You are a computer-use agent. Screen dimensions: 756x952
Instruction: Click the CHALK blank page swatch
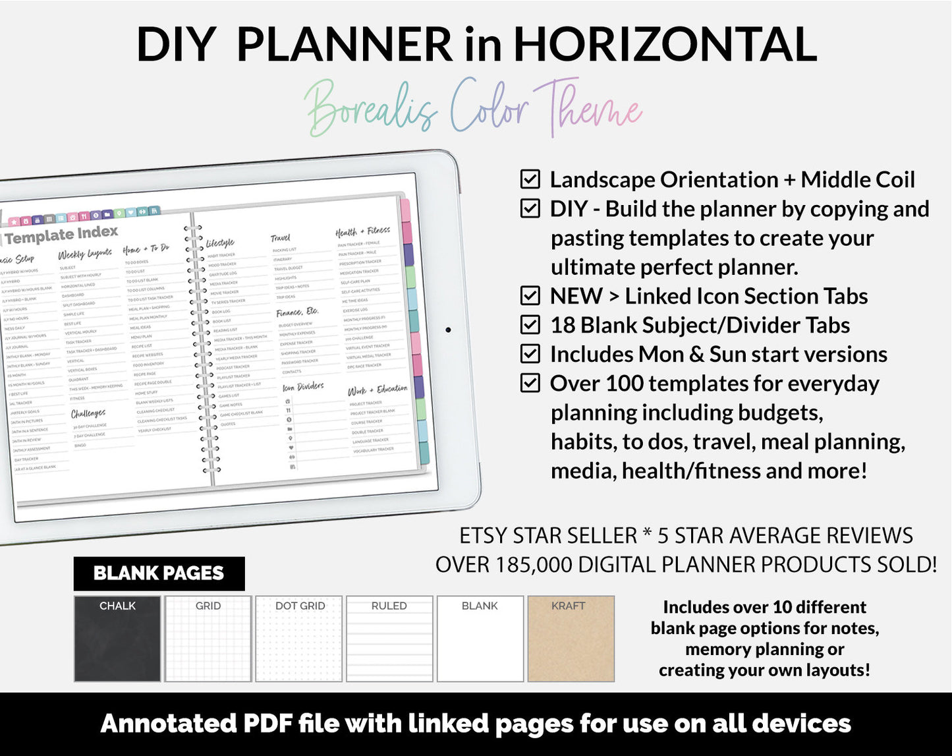pyautogui.click(x=117, y=639)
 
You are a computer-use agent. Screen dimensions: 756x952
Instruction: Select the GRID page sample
pyautogui.click(x=208, y=639)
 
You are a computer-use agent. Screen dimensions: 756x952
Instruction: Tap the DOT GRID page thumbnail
pyautogui.click(x=299, y=639)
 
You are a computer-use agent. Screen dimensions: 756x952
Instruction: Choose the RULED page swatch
pyautogui.click(x=389, y=639)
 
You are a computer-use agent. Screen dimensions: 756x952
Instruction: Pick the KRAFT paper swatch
pyautogui.click(x=571, y=639)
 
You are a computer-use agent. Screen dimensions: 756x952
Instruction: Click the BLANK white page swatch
pyautogui.click(x=480, y=639)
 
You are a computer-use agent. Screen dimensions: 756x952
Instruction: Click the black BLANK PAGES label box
pyautogui.click(x=159, y=573)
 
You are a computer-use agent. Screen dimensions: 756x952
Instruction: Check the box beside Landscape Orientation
pyautogui.click(x=530, y=179)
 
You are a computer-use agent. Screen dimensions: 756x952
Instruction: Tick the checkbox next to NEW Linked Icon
pyautogui.click(x=530, y=296)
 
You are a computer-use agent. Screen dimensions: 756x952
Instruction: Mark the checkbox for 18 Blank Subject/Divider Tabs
pyautogui.click(x=530, y=325)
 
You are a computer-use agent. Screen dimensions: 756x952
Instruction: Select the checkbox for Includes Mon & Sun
pyautogui.click(x=530, y=354)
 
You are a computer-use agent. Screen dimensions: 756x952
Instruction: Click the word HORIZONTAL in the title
pyautogui.click(x=665, y=45)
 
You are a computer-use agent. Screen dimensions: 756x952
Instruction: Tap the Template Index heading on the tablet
pyautogui.click(x=61, y=235)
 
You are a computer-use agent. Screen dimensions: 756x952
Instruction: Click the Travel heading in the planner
pyautogui.click(x=280, y=238)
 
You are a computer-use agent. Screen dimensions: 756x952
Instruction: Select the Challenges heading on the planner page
pyautogui.click(x=88, y=413)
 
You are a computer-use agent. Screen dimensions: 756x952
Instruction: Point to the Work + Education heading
pyautogui.click(x=378, y=390)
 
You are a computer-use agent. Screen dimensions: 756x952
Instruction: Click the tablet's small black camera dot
pyautogui.click(x=448, y=330)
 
